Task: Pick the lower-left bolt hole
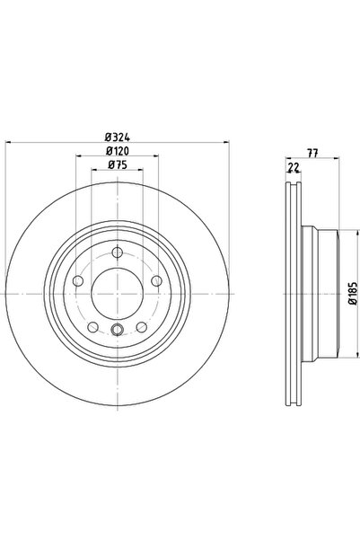tap(93, 326)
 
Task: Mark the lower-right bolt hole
tap(143, 326)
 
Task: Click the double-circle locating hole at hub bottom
tap(119, 333)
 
